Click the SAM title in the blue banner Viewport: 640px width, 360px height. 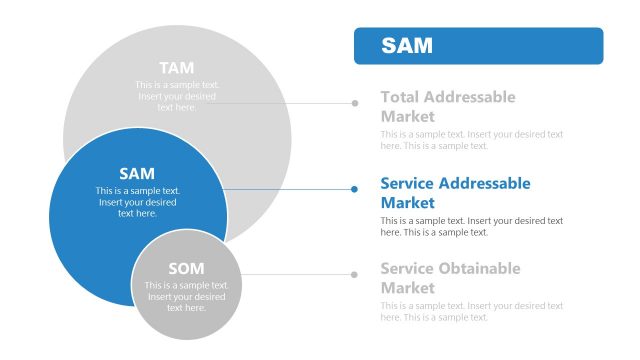[x=406, y=46]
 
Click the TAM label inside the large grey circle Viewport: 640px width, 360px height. [x=177, y=67]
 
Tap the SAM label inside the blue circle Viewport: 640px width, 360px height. [x=137, y=173]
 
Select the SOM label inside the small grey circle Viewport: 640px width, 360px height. [x=186, y=268]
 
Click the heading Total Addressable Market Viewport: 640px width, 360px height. [x=448, y=106]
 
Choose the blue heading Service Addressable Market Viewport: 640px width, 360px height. [x=455, y=192]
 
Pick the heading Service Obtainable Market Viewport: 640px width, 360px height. [x=450, y=278]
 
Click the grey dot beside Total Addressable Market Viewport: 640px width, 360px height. [x=354, y=102]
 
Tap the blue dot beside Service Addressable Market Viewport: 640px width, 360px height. [x=354, y=188]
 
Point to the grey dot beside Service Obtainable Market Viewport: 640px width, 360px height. [x=354, y=274]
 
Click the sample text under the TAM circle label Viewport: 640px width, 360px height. [x=177, y=96]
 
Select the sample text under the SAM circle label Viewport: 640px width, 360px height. [x=137, y=202]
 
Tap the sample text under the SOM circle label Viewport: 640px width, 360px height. [x=186, y=297]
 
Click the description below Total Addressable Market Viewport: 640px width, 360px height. [x=471, y=140]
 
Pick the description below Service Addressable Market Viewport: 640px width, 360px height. [x=471, y=226]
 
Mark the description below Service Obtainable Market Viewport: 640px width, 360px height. [x=471, y=312]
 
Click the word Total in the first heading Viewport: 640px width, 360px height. [x=400, y=97]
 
